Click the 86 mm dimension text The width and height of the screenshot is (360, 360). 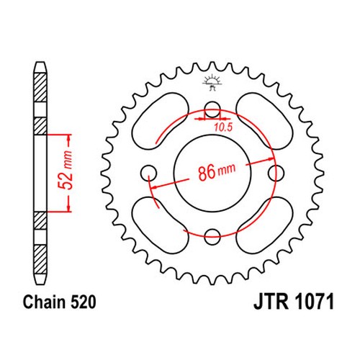(217, 171)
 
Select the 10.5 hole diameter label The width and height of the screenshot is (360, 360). (223, 127)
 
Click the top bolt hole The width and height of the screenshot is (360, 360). (212, 109)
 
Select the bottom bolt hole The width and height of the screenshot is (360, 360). (212, 237)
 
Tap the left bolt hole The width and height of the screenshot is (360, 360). (148, 174)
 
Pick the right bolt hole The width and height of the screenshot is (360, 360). (276, 174)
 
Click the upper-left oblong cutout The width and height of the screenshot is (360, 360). (161, 122)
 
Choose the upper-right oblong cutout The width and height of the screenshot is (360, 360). (264, 122)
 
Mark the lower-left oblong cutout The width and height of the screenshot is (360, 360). (161, 225)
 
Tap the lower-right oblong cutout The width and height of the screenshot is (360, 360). (264, 225)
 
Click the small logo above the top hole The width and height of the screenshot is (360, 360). (212, 82)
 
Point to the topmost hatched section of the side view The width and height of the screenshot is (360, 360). (40, 88)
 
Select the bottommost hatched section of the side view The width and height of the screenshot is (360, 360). (40, 260)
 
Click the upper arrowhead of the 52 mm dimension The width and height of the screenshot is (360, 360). (69, 138)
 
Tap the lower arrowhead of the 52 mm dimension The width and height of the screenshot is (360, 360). (69, 208)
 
